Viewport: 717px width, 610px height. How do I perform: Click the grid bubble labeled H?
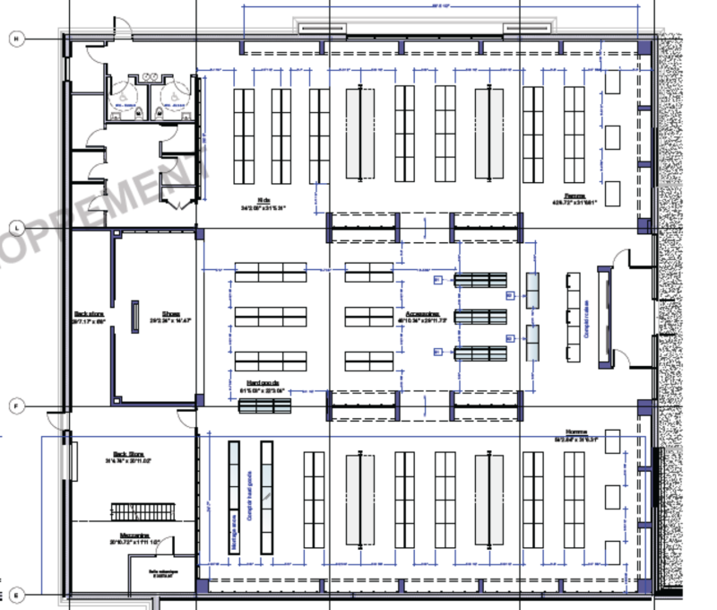[15, 38]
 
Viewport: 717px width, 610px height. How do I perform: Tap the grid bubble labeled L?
[15, 228]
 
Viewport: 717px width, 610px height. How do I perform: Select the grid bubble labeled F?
[15, 405]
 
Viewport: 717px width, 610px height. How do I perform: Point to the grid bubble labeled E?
[15, 593]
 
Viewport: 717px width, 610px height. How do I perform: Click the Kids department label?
[263, 201]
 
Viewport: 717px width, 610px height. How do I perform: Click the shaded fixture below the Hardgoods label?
[265, 406]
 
